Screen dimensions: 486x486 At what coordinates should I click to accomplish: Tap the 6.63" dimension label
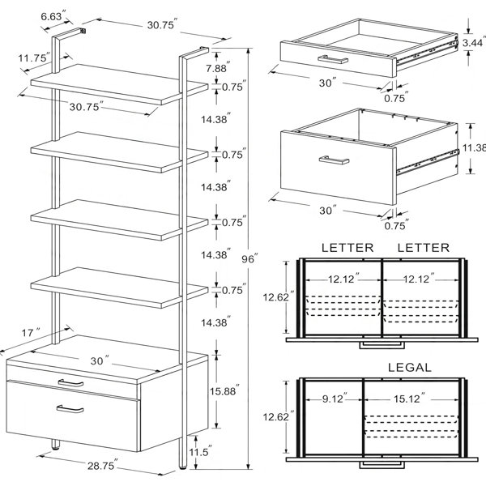click(53, 15)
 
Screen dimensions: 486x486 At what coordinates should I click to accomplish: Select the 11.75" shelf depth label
click(34, 58)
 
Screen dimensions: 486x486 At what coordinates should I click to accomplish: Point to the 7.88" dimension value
click(218, 67)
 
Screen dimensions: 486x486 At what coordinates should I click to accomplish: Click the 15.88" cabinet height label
click(224, 391)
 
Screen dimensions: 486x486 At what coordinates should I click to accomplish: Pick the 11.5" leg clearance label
click(201, 451)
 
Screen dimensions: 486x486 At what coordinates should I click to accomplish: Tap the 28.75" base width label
click(103, 465)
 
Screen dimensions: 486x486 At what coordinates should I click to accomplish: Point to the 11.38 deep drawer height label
click(474, 148)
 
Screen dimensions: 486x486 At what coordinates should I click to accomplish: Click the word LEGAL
click(409, 367)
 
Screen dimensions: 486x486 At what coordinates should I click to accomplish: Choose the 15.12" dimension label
click(409, 399)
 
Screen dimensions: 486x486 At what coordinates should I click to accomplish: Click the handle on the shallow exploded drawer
click(333, 59)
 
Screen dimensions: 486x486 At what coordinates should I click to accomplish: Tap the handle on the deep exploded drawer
click(334, 160)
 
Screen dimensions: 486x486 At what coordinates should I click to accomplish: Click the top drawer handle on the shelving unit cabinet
click(70, 383)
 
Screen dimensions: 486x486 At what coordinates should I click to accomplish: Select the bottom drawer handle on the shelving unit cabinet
click(70, 409)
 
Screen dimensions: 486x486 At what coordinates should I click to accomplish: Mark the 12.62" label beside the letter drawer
click(276, 297)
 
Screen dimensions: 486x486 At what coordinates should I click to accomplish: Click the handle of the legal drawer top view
click(382, 465)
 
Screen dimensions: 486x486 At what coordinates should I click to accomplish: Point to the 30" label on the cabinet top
click(100, 360)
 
